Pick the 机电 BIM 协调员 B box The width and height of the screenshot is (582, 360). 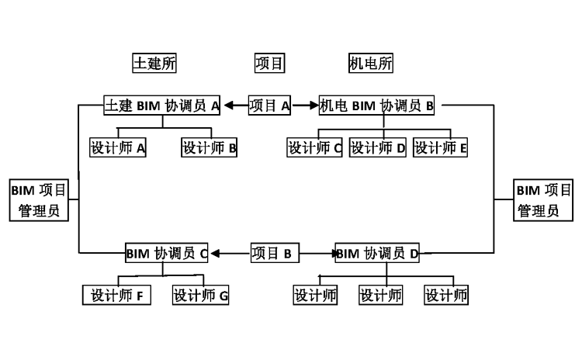click(376, 106)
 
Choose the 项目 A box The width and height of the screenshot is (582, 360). click(269, 106)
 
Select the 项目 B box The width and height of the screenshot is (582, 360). click(275, 253)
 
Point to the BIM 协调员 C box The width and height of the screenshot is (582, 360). click(168, 253)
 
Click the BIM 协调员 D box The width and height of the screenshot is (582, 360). click(379, 253)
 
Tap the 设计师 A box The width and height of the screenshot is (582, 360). click(118, 147)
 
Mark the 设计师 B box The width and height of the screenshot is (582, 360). click(210, 147)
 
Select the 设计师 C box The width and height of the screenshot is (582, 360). click(314, 147)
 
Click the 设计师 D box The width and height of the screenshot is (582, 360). click(378, 147)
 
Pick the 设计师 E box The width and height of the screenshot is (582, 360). click(441, 147)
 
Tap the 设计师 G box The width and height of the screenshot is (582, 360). click(201, 295)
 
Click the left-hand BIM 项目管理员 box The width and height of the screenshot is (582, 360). click(39, 199)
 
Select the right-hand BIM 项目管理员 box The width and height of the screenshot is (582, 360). click(544, 199)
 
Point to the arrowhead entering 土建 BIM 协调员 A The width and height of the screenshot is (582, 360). click(230, 106)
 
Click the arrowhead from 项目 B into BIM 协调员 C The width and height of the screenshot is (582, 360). click(216, 253)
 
